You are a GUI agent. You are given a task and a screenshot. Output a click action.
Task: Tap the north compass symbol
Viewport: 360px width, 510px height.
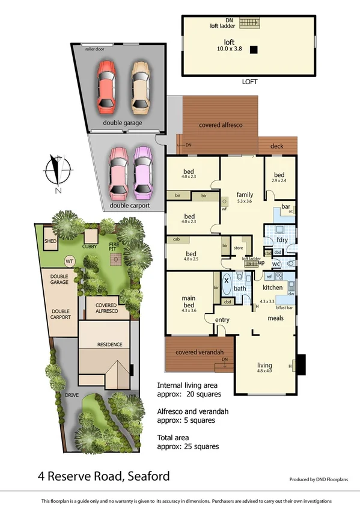tap(57, 171)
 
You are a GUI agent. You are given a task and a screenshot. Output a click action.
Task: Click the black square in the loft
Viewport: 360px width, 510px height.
tap(255, 50)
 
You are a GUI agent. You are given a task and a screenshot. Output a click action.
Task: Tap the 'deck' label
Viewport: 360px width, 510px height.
tap(277, 146)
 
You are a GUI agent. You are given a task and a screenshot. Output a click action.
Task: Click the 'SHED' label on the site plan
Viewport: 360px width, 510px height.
tap(50, 241)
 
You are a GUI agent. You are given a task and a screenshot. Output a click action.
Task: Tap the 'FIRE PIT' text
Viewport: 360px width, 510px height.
tap(114, 247)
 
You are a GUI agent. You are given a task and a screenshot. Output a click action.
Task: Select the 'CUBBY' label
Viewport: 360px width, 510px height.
tap(90, 245)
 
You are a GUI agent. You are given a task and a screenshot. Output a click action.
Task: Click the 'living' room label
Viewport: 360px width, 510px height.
tap(264, 366)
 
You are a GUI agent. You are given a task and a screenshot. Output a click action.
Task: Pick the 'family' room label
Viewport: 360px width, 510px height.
tap(244, 195)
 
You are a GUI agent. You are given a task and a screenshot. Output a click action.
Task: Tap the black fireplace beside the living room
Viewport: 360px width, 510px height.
tap(301, 364)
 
